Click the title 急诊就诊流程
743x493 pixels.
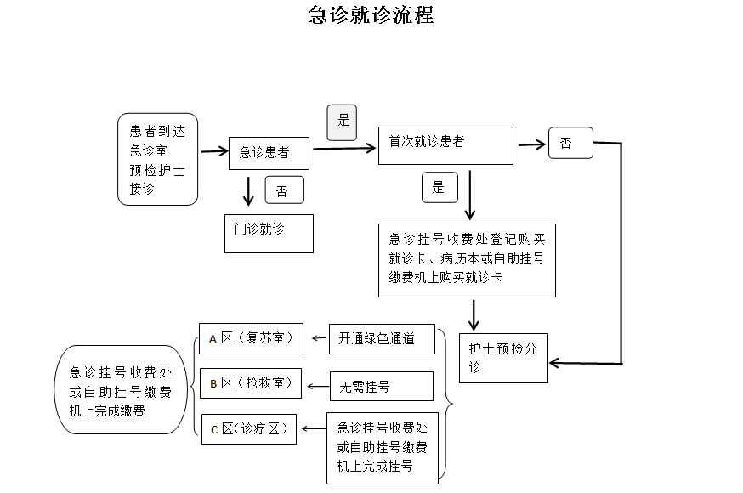pos(371,15)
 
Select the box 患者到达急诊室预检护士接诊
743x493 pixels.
pos(157,159)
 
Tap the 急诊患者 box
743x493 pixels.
pos(269,153)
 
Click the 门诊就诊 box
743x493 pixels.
pos(269,233)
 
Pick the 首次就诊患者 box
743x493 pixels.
pos(445,145)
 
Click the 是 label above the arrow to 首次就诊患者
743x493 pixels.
pos(342,122)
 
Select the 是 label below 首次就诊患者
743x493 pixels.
pos(439,187)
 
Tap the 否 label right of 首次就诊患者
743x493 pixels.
pos(570,144)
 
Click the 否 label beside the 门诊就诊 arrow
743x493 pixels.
pos(284,191)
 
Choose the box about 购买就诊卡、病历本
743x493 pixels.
pos(467,259)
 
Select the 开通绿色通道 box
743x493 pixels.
pos(383,338)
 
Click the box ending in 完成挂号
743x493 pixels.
pos(382,448)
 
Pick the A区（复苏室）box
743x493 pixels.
pos(250,338)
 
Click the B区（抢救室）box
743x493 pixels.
pos(250,383)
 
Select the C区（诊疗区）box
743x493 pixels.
pos(249,429)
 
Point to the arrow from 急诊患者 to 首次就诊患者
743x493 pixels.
pos(344,149)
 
